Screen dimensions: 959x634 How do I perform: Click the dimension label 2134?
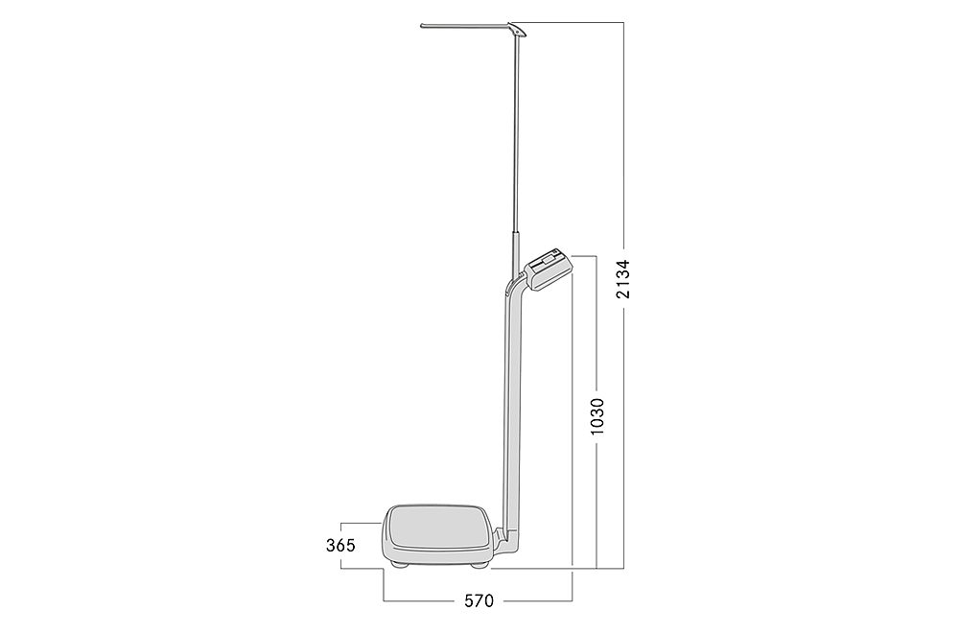point(622,278)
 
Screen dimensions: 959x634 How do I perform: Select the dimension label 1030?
point(596,416)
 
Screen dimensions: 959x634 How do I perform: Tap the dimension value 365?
point(340,545)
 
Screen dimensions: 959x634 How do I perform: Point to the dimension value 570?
point(479,601)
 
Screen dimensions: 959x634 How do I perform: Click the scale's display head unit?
point(548,269)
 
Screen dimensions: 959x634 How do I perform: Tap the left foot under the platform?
point(402,565)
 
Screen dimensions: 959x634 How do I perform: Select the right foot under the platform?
point(479,565)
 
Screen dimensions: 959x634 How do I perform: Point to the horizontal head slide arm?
point(466,26)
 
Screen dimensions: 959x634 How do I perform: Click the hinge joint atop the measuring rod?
point(518,31)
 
